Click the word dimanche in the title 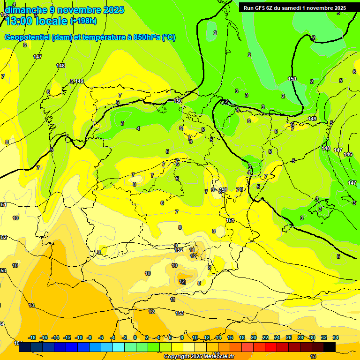pos(26,10)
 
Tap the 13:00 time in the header pos(19,21)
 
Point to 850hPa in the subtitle pos(147,37)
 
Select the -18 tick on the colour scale pos(32,337)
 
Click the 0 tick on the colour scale pos(135,337)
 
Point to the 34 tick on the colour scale pos(336,337)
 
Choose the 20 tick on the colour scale pos(254,337)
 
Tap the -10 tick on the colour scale pos(79,337)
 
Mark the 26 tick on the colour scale pos(289,337)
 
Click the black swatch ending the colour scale pos(330,347)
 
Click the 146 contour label pos(348,155)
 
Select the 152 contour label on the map pos(179,250)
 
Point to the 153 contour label pos(180,313)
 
